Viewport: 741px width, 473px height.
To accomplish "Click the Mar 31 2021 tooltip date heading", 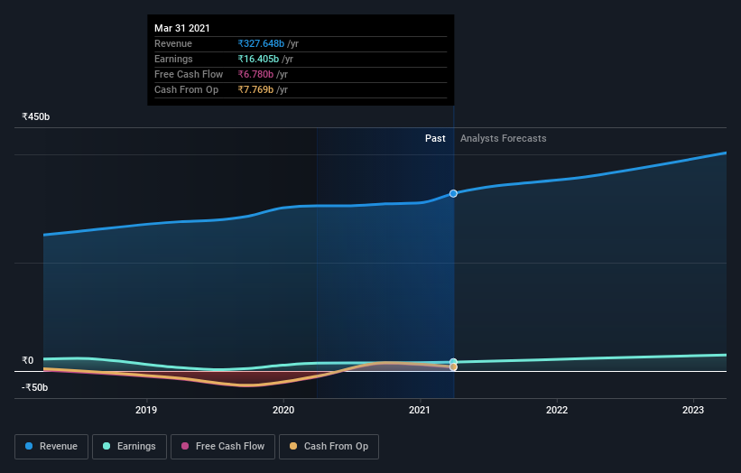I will (181, 28).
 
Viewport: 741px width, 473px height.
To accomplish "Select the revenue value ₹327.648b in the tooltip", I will (262, 43).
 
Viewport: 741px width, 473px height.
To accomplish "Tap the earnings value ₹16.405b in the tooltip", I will (259, 59).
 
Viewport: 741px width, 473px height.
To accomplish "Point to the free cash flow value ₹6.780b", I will (255, 74).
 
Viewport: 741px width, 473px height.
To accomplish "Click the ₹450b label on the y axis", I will (36, 116).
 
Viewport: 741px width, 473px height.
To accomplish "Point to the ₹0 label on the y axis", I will (27, 360).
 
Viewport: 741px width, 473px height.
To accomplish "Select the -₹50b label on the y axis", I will (34, 387).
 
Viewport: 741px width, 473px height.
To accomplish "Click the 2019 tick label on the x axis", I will (146, 410).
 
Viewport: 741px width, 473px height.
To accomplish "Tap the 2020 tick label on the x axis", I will (283, 410).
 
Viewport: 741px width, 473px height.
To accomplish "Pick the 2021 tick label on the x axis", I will (420, 410).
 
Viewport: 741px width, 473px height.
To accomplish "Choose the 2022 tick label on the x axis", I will (557, 410).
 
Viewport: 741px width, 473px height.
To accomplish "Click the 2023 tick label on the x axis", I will (693, 410).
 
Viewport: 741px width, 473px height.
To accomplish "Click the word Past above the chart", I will (435, 138).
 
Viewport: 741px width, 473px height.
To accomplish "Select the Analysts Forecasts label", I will (503, 138).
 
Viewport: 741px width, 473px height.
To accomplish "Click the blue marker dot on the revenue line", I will (453, 193).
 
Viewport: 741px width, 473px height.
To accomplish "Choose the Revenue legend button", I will (51, 446).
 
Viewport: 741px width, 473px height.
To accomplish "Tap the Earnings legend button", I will (129, 446).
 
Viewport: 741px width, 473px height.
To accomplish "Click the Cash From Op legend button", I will (329, 446).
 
